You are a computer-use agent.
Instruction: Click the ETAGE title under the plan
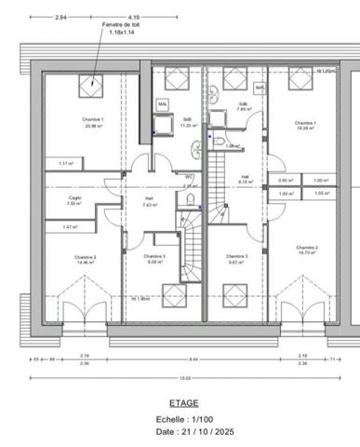click(x=180, y=405)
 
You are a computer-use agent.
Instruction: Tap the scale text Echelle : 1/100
click(x=180, y=420)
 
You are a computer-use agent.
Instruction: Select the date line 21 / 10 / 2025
click(x=180, y=432)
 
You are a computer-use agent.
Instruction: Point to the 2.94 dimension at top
click(x=61, y=18)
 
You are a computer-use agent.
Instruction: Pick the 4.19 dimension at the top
click(x=134, y=18)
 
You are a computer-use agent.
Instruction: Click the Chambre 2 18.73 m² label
click(x=307, y=251)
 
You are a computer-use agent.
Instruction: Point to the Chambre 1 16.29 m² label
click(x=305, y=126)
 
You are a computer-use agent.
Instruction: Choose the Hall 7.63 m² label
click(x=149, y=200)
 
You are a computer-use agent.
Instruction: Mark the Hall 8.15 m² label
click(x=245, y=180)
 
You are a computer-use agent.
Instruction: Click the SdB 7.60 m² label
click(x=243, y=106)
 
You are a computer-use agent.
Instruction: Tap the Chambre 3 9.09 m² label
click(x=154, y=259)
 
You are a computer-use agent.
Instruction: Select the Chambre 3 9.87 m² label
click(x=237, y=259)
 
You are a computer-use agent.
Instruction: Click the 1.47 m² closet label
click(x=69, y=227)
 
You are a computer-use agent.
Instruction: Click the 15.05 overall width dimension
click(x=184, y=378)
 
